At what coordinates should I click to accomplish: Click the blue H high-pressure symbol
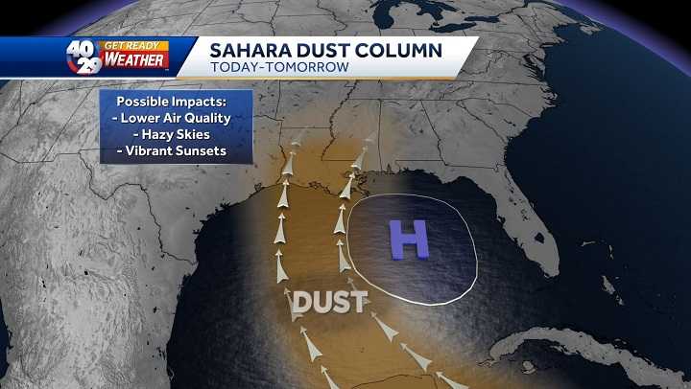[410, 240]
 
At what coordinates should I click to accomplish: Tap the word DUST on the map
[329, 302]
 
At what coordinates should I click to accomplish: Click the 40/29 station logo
[84, 57]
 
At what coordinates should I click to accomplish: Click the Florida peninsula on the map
[537, 216]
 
